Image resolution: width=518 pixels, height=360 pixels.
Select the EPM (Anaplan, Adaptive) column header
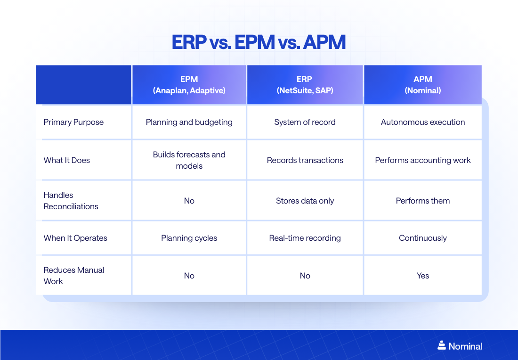[189, 85]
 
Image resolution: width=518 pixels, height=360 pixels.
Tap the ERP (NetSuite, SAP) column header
[305, 85]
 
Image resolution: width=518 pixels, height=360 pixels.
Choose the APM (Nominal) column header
[422, 85]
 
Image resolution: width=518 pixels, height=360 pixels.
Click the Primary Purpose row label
[73, 122]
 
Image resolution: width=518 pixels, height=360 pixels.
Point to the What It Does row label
[67, 160]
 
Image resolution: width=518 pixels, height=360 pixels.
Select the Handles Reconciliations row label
[71, 201]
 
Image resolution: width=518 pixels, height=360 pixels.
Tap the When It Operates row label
[75, 238]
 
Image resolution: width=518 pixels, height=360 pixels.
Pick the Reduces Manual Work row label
[73, 276]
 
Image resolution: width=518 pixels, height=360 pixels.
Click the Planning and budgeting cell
[189, 122]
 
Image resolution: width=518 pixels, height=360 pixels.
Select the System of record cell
[305, 122]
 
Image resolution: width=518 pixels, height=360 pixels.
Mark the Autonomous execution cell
[422, 122]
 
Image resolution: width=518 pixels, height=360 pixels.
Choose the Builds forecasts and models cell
[189, 160]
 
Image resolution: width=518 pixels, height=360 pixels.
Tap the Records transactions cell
[305, 160]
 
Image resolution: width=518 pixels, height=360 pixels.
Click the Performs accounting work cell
[422, 160]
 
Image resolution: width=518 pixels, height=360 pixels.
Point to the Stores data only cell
[305, 201]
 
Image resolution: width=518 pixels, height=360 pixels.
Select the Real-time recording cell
[305, 238]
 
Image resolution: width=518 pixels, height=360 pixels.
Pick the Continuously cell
[422, 238]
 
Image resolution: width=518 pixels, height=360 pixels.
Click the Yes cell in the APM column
[422, 276]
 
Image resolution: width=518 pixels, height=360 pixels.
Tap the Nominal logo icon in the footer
[441, 345]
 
